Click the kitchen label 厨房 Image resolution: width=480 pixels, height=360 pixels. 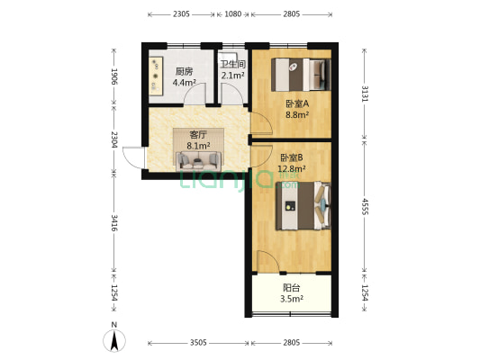point(185,72)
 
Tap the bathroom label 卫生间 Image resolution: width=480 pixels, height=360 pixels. point(233,64)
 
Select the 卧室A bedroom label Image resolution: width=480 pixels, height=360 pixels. point(297,103)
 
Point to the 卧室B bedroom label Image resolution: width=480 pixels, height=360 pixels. point(292,157)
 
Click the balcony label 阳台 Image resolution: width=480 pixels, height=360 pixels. point(291,288)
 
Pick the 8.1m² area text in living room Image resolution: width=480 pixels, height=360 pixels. point(198,146)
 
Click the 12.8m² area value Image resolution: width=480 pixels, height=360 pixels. point(292,168)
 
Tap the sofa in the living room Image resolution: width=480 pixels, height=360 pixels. point(198,161)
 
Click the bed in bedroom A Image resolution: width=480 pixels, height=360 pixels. point(301,75)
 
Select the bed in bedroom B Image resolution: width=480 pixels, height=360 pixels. point(303,205)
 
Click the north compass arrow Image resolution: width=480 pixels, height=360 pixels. point(114,341)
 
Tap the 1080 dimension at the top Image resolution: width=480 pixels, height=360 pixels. point(233,14)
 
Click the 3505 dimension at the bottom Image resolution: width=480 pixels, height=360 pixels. point(198,343)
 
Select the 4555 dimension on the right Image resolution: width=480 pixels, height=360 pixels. point(365,206)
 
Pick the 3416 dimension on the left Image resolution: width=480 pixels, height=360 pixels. point(113,222)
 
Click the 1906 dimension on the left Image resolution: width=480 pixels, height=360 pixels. point(113,76)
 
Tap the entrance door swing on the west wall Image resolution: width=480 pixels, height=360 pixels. point(133,157)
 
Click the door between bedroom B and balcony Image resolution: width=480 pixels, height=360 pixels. point(267,261)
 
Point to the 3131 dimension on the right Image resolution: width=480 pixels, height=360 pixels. point(365,94)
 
